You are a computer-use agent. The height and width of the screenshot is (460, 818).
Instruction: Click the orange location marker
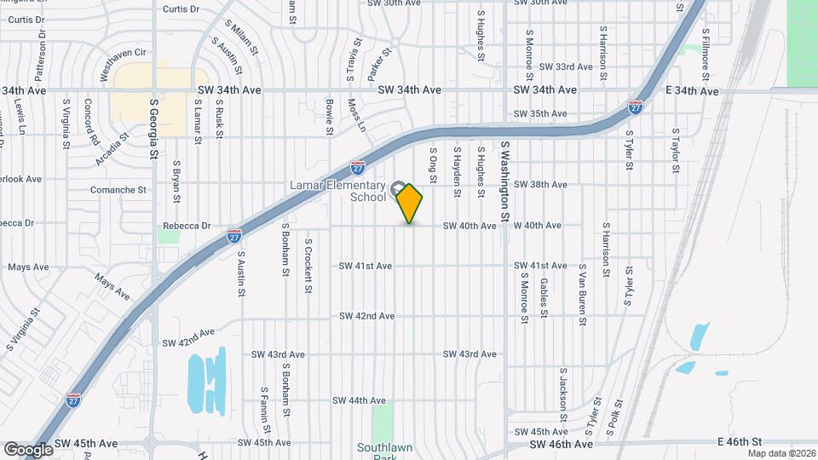410,203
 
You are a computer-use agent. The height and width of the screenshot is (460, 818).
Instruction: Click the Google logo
29,449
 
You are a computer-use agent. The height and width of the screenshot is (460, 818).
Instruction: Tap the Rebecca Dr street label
187,226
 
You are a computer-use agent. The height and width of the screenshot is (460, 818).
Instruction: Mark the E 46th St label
738,443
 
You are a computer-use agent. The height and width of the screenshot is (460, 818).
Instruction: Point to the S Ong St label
432,164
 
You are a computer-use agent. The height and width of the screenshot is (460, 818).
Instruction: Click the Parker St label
379,65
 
